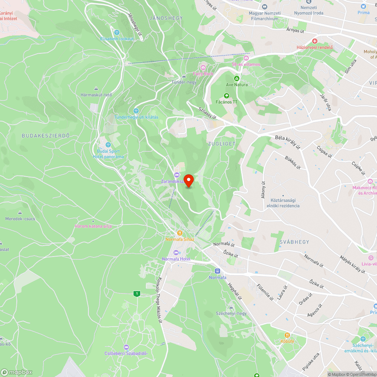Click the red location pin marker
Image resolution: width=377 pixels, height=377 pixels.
[188, 180]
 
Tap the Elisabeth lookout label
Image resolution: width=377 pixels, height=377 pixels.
[117, 39]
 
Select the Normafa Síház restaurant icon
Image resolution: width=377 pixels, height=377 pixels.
[180, 233]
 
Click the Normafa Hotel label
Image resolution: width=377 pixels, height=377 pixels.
[176, 259]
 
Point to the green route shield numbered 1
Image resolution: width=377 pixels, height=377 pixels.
[136, 294]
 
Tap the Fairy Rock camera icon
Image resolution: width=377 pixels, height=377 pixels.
[203, 67]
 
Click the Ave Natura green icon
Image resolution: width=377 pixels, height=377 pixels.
[237, 78]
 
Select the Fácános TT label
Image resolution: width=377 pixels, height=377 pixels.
[227, 102]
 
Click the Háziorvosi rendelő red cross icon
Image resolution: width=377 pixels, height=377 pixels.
[315, 41]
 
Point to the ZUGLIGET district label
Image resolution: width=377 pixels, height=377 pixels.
[222, 144]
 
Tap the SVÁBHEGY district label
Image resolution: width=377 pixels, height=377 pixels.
[294, 242]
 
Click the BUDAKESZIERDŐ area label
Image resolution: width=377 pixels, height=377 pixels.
[46, 136]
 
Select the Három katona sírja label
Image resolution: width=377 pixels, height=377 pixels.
[93, 226]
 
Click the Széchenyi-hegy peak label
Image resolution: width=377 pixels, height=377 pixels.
[231, 313]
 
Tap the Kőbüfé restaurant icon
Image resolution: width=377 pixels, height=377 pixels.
[287, 334]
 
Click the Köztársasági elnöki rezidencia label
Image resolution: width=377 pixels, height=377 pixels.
[283, 203]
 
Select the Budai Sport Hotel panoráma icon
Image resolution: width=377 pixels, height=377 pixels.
[108, 145]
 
